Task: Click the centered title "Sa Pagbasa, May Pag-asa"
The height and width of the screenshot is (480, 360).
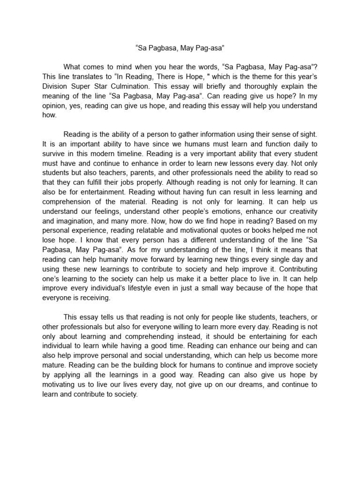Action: tap(180, 47)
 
